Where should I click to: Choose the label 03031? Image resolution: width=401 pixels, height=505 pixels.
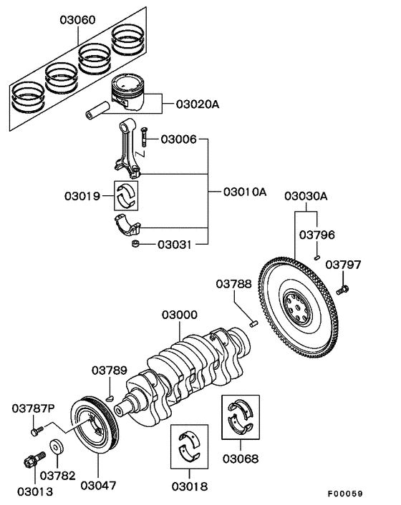(175, 245)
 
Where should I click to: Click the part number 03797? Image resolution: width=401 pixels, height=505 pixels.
(344, 265)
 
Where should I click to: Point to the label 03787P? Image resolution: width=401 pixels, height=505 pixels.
(33, 408)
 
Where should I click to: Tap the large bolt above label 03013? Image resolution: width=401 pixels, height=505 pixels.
(29, 461)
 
